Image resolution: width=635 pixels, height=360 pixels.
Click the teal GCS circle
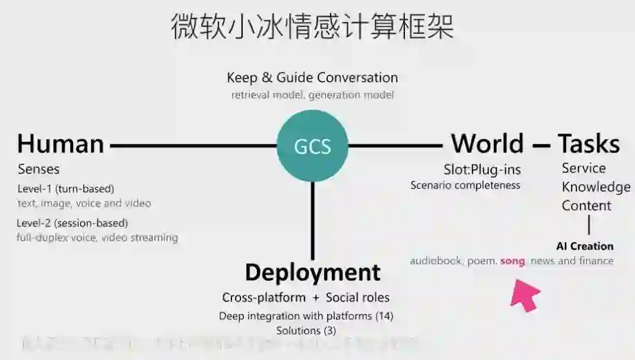[312, 146]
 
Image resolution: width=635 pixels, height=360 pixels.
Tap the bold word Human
[61, 144]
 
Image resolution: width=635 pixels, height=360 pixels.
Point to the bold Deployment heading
[313, 272]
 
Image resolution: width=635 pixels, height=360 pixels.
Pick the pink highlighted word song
[512, 261]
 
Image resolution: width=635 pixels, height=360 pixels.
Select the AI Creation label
[585, 246]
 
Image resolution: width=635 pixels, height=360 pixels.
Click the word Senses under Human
[39, 169]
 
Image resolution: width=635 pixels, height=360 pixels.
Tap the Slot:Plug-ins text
[482, 169]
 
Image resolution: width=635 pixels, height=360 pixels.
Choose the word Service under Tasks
[583, 168]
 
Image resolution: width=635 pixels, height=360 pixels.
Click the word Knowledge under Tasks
[596, 187]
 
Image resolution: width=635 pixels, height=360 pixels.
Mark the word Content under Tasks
[586, 206]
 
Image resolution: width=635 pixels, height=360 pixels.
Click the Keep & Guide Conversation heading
[312, 77]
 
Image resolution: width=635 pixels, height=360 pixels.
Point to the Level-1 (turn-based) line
[66, 189]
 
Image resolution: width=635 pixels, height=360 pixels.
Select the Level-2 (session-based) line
[73, 223]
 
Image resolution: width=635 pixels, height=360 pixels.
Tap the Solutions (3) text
[306, 330]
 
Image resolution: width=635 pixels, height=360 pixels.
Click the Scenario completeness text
[466, 185]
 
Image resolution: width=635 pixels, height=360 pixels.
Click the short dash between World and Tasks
[541, 145]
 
